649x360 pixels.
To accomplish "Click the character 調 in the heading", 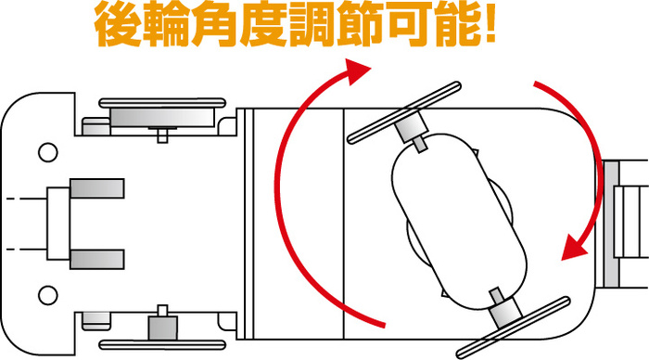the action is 312,25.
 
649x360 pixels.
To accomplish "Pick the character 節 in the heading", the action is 360,25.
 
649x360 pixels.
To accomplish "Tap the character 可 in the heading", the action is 409,25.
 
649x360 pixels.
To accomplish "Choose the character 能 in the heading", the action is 457,25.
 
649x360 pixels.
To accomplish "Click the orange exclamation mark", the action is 490,24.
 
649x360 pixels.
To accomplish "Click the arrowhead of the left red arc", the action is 355,71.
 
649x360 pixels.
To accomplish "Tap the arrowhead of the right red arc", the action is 575,248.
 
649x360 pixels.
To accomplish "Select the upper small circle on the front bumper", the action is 47,152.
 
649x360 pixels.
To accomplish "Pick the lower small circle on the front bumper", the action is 47,295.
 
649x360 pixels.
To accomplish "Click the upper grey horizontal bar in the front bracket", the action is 97,188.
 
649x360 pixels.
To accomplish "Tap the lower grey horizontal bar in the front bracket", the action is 97,260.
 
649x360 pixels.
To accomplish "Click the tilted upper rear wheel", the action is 404,112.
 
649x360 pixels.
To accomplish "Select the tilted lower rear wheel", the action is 514,328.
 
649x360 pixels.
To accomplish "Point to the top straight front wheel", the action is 162,103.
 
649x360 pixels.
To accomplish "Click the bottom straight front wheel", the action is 162,344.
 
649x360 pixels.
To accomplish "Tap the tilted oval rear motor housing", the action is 459,222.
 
